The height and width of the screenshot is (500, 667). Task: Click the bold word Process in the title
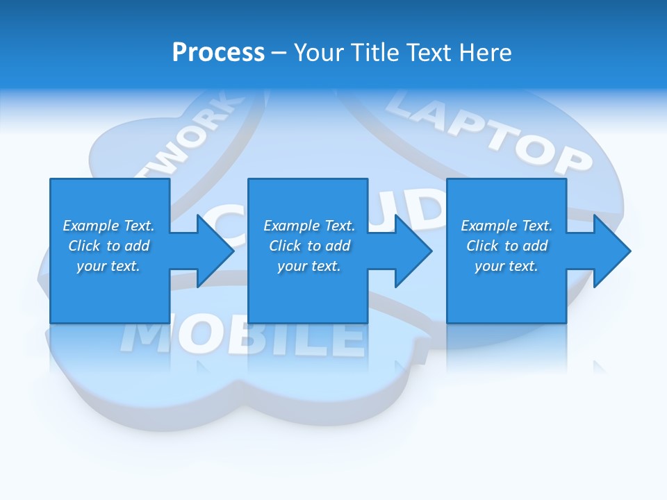[218, 53]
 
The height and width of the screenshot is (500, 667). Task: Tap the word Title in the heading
[372, 53]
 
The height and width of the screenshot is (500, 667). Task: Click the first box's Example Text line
[108, 226]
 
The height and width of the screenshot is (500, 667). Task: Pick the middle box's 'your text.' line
[308, 266]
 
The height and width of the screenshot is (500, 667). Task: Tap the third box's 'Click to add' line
[507, 246]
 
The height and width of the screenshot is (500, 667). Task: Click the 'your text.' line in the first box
[108, 266]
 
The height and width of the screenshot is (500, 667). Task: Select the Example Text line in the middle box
[308, 226]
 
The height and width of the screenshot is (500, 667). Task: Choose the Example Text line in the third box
[507, 226]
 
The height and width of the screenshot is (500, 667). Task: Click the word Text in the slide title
[429, 53]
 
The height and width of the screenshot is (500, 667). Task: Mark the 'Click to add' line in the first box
[108, 246]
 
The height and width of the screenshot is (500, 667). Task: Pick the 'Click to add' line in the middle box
[308, 246]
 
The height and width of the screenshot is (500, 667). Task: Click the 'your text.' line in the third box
[507, 266]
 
